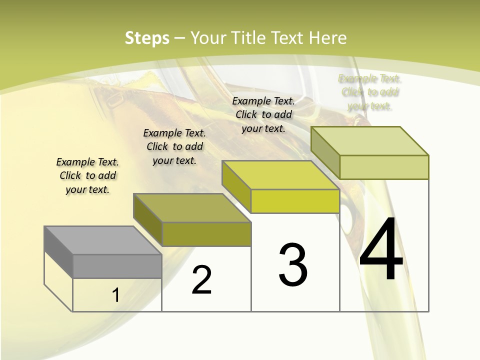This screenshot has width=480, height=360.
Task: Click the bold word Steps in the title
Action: pyautogui.click(x=147, y=38)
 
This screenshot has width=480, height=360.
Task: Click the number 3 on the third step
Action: pyautogui.click(x=293, y=265)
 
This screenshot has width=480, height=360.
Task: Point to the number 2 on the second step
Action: pyautogui.click(x=202, y=280)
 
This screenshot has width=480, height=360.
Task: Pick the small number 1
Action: pyautogui.click(x=116, y=295)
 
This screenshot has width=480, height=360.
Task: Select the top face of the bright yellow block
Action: pyautogui.click(x=280, y=175)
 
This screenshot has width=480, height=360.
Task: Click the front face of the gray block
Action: pyautogui.click(x=117, y=266)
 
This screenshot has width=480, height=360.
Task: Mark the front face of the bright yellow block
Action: pyautogui.click(x=295, y=201)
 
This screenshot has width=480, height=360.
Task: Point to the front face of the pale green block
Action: pyautogui.click(x=384, y=167)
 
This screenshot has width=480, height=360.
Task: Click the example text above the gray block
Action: pyautogui.click(x=87, y=175)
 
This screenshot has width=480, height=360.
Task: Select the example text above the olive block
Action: pyautogui.click(x=174, y=146)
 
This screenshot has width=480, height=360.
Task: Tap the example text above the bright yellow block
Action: pyautogui.click(x=263, y=114)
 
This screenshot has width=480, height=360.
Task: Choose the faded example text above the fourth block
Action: pyautogui.click(x=370, y=92)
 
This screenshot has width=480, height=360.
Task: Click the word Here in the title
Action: pyautogui.click(x=327, y=38)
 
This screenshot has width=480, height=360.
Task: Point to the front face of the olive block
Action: pyautogui.click(x=206, y=234)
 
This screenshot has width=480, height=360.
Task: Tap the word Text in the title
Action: pyautogui.click(x=288, y=38)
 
